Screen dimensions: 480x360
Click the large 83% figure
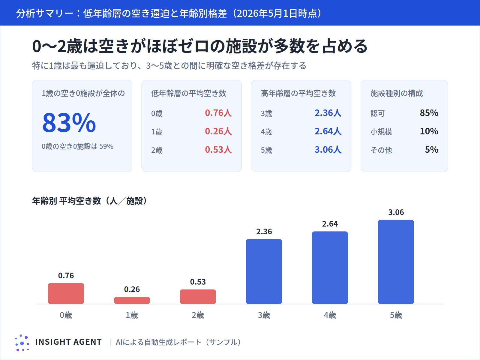tap(69, 122)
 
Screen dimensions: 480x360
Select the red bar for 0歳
tap(66, 293)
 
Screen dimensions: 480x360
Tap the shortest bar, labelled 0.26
tap(132, 300)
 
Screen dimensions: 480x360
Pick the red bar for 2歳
tap(198, 297)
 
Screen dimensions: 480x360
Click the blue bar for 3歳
tap(264, 271)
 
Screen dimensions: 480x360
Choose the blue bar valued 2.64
tap(330, 268)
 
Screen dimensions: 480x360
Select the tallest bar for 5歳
tap(396, 262)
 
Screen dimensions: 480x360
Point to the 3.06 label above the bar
tap(396, 212)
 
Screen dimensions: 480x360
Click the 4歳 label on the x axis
tap(330, 315)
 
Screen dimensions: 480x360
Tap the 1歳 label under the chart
tap(132, 315)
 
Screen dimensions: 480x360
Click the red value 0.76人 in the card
tap(218, 113)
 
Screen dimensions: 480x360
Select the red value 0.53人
tap(218, 149)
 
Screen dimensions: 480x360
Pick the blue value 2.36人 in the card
tap(328, 113)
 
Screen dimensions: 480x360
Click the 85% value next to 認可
tap(429, 113)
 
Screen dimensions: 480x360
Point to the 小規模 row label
tap(381, 132)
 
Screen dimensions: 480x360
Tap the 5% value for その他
tap(432, 149)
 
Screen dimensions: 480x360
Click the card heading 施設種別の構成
tap(397, 93)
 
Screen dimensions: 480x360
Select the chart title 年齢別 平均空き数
tap(67, 201)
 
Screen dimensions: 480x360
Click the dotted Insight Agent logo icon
tap(22, 343)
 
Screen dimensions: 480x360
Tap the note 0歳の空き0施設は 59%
tap(77, 146)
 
